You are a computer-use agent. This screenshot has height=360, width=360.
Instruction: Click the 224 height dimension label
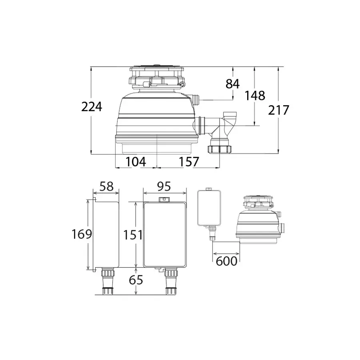92,107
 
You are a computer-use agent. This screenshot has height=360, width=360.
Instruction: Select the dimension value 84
232,84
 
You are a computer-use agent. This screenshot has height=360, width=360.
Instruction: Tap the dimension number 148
255,96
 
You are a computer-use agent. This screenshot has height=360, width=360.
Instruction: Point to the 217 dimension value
278,110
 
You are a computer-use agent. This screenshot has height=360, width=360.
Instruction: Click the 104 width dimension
136,162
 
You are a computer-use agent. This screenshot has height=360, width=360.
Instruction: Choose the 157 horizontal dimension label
189,162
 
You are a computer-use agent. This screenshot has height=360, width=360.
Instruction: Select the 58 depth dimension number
107,186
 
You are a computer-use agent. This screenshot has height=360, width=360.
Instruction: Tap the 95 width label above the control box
164,186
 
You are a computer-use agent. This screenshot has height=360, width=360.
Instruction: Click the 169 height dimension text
82,234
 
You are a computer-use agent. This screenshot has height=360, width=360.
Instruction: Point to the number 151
133,235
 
